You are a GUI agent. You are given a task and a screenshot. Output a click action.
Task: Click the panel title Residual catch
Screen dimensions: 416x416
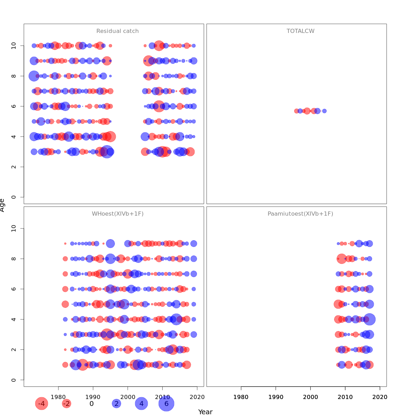point(118,31)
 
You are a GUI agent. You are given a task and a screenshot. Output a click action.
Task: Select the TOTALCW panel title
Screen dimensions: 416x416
point(301,31)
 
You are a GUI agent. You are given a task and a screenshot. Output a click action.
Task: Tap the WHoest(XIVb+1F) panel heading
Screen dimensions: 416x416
point(118,214)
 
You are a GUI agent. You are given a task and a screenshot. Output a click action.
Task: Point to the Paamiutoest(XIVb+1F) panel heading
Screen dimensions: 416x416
point(300,214)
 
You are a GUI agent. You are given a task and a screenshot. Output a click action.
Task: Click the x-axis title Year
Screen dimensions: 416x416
point(205,412)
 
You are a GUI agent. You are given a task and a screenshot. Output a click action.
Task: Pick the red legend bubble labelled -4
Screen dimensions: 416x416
point(41,404)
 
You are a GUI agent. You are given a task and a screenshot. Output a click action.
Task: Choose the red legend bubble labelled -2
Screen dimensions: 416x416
point(66,404)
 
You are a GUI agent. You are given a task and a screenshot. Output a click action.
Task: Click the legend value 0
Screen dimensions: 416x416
point(92,404)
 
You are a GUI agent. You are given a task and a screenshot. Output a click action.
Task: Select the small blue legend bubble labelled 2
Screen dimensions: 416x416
point(116,404)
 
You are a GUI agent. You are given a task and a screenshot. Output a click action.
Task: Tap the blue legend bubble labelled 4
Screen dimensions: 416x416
point(141,404)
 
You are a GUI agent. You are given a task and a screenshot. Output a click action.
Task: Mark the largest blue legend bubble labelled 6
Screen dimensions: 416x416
point(166,404)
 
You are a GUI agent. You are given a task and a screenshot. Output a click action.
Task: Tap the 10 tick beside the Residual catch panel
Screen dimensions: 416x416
point(14,46)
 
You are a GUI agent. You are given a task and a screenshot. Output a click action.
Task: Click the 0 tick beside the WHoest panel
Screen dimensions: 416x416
point(14,380)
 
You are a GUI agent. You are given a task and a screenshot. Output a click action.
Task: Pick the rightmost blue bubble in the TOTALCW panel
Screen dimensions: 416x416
point(324,111)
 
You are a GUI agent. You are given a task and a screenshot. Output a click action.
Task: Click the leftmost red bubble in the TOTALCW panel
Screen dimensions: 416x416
point(296,111)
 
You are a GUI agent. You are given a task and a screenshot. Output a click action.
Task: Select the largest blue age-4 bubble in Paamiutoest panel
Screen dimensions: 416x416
point(370,319)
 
